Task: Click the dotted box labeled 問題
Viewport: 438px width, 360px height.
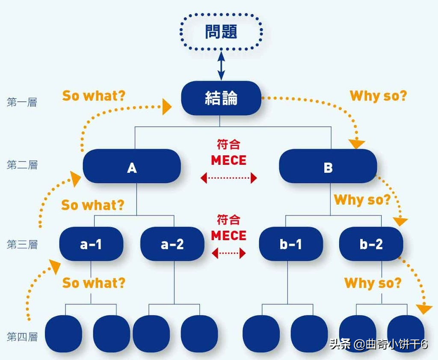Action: pos(221,32)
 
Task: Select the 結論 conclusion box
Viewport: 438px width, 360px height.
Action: pos(221,98)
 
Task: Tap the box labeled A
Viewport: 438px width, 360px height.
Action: pos(132,167)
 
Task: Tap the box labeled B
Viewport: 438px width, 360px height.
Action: pos(328,167)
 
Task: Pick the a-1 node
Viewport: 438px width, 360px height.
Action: pos(91,244)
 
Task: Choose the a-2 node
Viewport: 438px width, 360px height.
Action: pos(172,244)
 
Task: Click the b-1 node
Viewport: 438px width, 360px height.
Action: pos(291,244)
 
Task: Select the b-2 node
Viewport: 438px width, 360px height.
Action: pos(371,244)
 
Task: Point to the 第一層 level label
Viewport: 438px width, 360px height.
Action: pos(22,102)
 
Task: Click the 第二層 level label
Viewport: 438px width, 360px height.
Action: pos(22,165)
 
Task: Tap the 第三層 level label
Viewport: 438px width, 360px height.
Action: pos(22,244)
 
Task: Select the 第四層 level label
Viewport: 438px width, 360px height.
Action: pos(22,337)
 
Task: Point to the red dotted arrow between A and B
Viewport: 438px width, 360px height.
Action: pos(229,178)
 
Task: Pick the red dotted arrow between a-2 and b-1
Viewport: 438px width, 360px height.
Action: pos(229,253)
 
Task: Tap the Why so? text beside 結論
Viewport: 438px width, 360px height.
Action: pos(378,95)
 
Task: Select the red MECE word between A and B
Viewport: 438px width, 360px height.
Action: pos(229,161)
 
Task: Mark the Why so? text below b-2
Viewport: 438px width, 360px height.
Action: pos(373,283)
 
